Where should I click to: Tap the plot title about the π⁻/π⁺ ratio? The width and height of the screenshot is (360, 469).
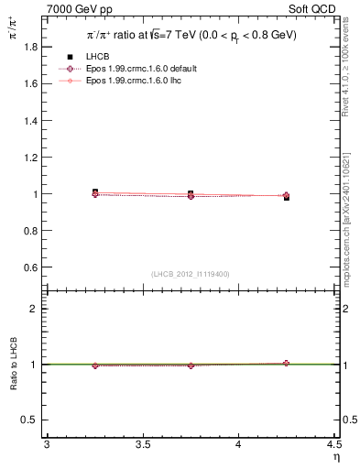(x=190, y=37)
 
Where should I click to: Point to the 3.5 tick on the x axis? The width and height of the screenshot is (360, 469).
(x=142, y=445)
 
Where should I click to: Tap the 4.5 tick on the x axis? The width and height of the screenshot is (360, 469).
(x=333, y=445)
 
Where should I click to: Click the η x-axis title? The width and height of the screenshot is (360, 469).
(x=334, y=457)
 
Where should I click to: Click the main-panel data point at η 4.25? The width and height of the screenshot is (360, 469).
(x=286, y=196)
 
